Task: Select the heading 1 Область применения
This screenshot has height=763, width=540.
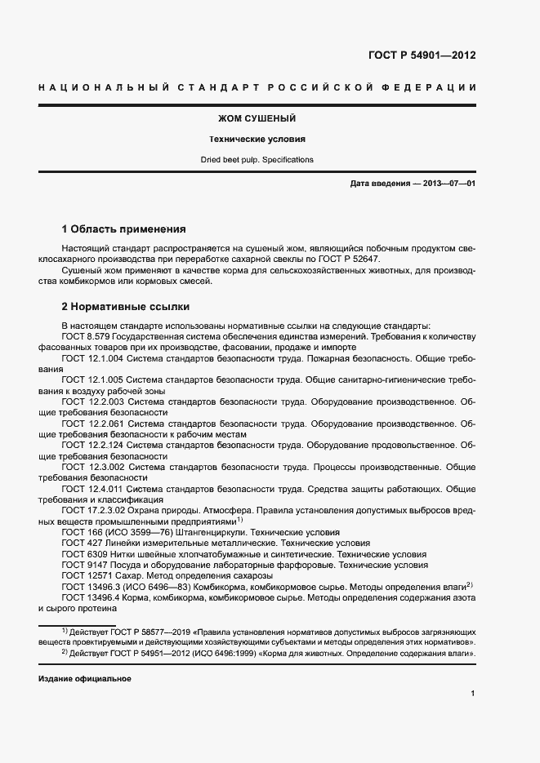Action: pos(124,229)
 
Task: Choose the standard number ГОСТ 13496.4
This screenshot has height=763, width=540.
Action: pos(91,597)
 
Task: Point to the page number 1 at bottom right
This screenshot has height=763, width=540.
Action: pos(473,694)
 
